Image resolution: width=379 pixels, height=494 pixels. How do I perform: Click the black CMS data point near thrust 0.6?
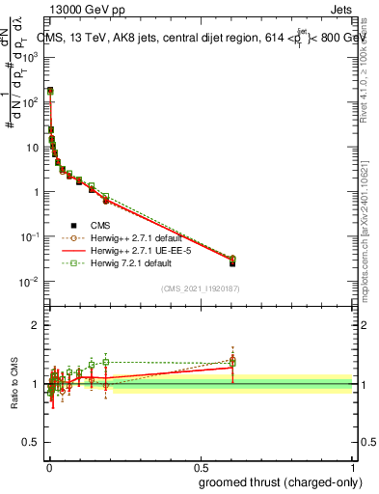[232, 262]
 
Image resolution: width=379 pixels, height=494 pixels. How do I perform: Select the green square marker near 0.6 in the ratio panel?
[232, 361]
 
